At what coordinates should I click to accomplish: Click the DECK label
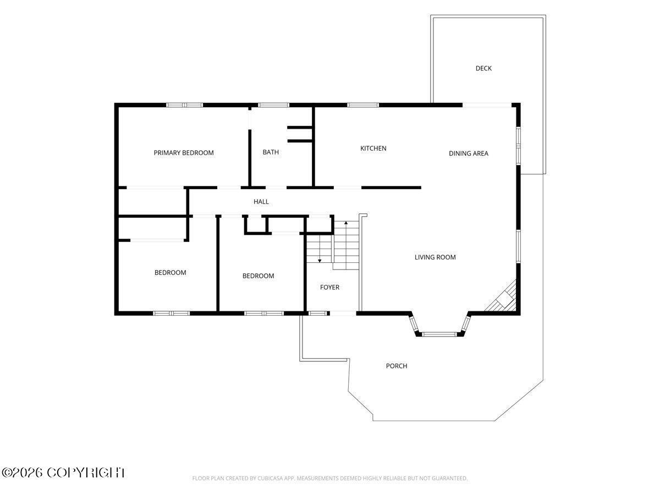pos(483,69)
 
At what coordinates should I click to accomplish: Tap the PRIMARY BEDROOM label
pos(183,153)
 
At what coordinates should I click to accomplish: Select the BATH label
pos(271,152)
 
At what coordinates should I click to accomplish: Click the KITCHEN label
pos(373,148)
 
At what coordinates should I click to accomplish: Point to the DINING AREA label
pos(468,153)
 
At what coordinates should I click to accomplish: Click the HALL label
pos(261,202)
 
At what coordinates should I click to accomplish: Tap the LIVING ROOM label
pos(435,257)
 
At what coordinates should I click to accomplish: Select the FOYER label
pos(329,287)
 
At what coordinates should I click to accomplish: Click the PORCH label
pos(397,366)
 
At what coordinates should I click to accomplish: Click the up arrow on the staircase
pos(346,241)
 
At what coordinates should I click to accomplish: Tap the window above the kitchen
pos(362,105)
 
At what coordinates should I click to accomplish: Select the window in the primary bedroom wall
pos(184,105)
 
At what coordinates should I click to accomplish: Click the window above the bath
pos(273,105)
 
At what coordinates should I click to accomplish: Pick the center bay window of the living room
pos(439,334)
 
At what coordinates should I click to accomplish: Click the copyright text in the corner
pos(63,473)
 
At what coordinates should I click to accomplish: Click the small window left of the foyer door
pos(317,313)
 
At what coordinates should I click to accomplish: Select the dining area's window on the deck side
pos(518,146)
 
